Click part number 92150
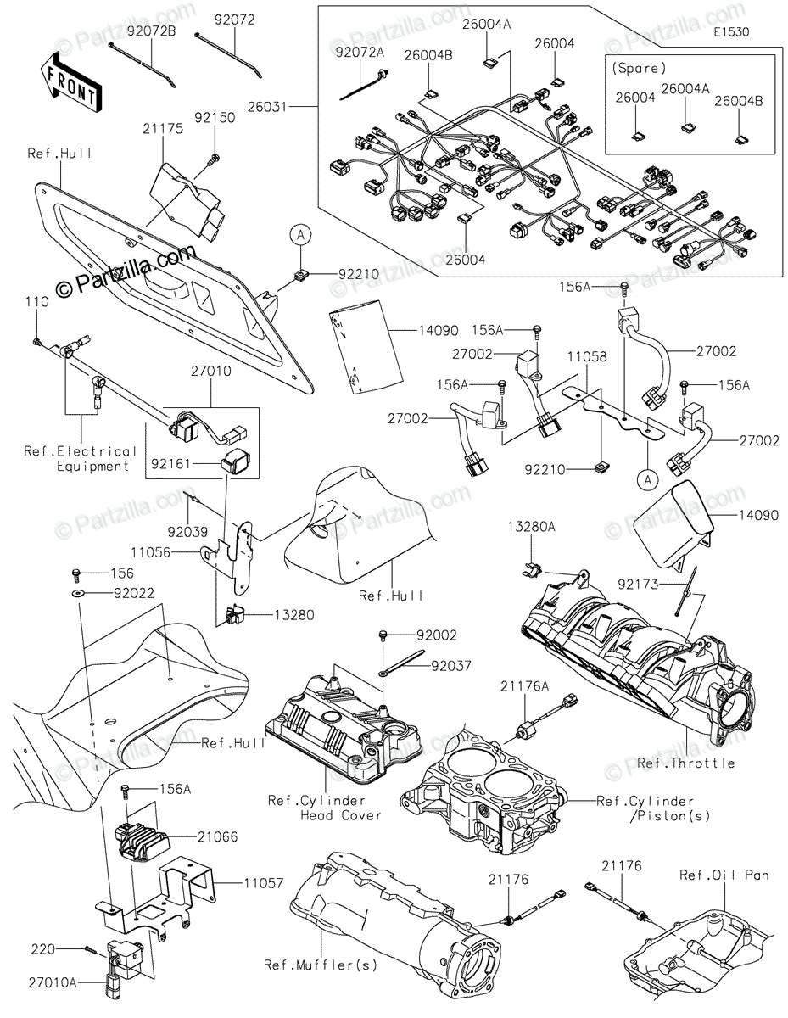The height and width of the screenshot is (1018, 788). point(214,118)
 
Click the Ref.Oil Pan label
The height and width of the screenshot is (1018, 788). point(724,875)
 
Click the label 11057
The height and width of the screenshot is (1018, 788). point(245,882)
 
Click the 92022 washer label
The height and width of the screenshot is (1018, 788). point(133,593)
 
